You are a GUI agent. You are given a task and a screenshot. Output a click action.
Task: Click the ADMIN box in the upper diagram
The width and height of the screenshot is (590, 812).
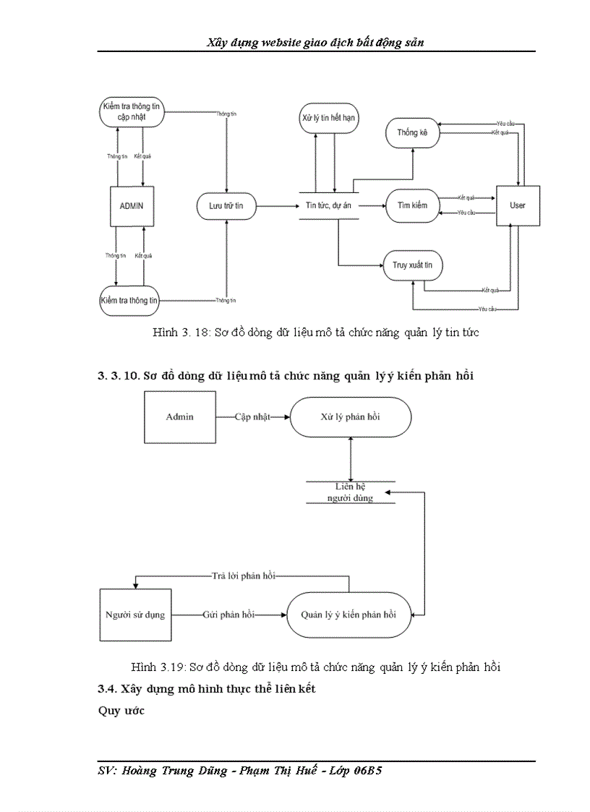pos(131,205)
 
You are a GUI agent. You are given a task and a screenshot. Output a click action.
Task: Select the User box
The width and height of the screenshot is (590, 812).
pos(518,205)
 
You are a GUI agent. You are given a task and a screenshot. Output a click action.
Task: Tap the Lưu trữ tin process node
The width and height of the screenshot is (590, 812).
pos(226,206)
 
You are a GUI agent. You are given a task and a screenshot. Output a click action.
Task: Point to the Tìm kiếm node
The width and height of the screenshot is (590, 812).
pos(413,205)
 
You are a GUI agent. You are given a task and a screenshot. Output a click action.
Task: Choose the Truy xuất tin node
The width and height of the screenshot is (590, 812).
pos(413,266)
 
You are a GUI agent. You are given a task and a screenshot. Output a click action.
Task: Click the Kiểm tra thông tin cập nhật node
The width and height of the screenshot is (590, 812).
pos(132,112)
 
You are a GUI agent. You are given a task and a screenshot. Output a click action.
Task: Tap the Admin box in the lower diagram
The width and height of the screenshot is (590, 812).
pos(180,417)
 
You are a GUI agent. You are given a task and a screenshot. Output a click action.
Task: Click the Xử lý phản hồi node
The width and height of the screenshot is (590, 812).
pos(351,417)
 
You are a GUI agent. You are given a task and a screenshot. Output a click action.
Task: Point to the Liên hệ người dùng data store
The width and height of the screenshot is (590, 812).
pos(350,492)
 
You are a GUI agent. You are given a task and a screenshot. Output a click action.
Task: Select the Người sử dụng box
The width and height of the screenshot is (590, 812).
pos(141,615)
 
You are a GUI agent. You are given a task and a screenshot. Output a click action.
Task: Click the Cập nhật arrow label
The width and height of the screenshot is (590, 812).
pos(253,417)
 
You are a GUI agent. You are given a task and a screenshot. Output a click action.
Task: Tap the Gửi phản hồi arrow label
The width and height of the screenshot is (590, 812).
pos(229,615)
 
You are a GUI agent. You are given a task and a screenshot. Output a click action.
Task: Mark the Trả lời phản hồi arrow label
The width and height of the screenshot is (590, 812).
pos(244,576)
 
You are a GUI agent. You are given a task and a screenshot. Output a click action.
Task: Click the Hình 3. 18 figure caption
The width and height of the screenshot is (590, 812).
pos(316,333)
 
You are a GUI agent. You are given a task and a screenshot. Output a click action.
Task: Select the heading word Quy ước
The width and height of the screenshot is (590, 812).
pos(121,710)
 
